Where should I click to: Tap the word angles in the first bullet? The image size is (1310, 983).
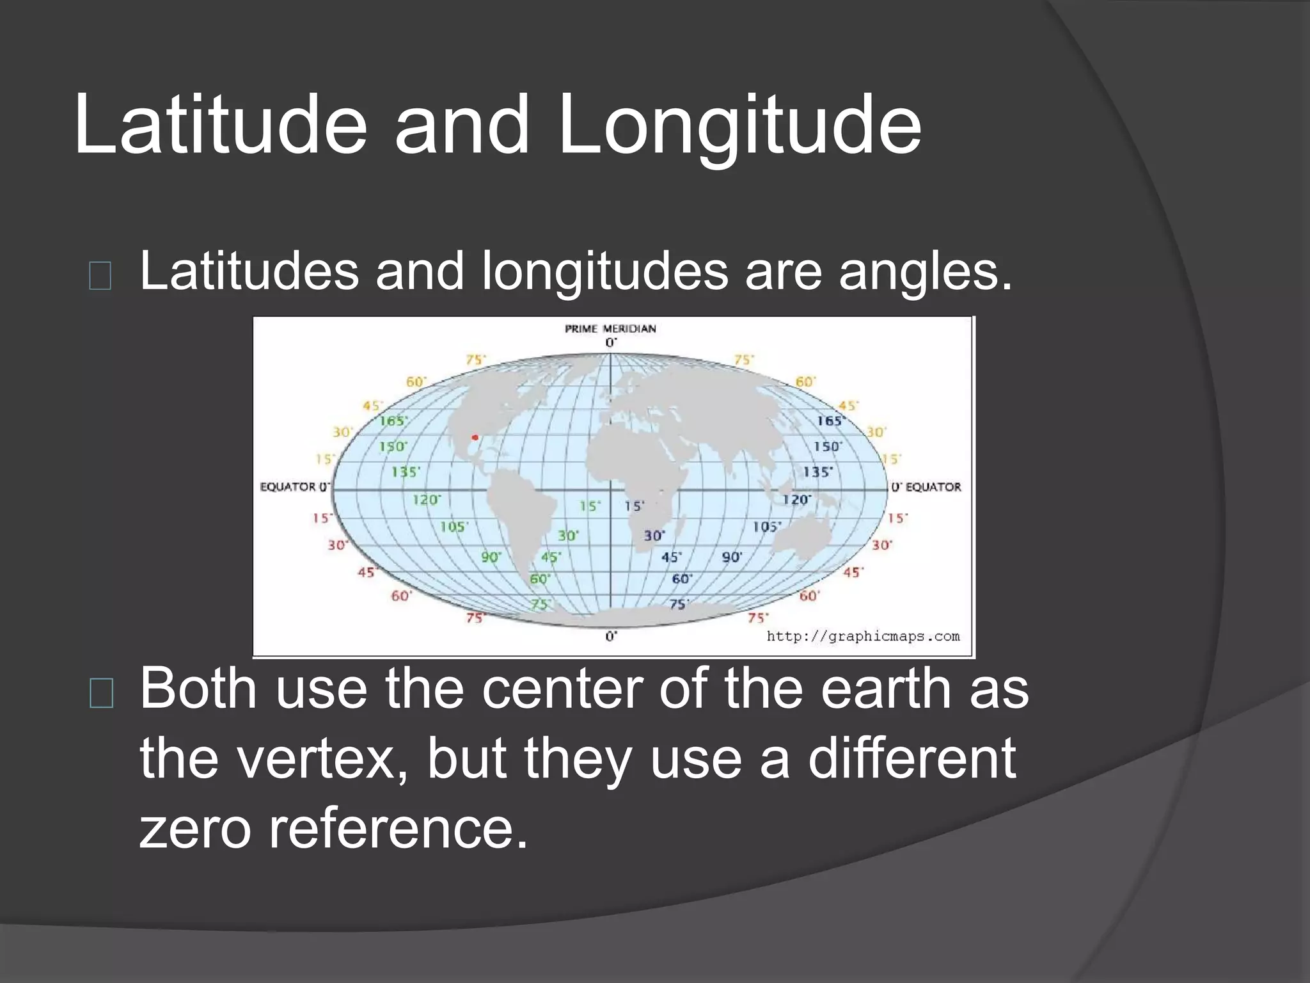click(x=926, y=271)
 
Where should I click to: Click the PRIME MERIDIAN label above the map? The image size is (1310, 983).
click(x=610, y=329)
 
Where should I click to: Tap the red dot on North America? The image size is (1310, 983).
click(x=475, y=438)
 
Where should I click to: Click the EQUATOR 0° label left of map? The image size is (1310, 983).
click(x=294, y=487)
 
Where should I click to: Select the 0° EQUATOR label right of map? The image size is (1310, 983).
click(x=926, y=487)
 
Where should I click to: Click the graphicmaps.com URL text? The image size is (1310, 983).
click(x=863, y=636)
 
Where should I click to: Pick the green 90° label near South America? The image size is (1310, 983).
click(x=490, y=557)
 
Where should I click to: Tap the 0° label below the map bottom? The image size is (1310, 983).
click(x=611, y=636)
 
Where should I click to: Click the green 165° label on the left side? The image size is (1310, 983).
click(x=392, y=421)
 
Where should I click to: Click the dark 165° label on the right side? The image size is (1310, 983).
click(x=830, y=421)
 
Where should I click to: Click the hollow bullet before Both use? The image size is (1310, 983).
click(x=101, y=693)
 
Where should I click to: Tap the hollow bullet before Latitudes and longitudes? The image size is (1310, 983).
click(x=100, y=276)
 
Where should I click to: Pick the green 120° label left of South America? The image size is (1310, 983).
click(x=426, y=499)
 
